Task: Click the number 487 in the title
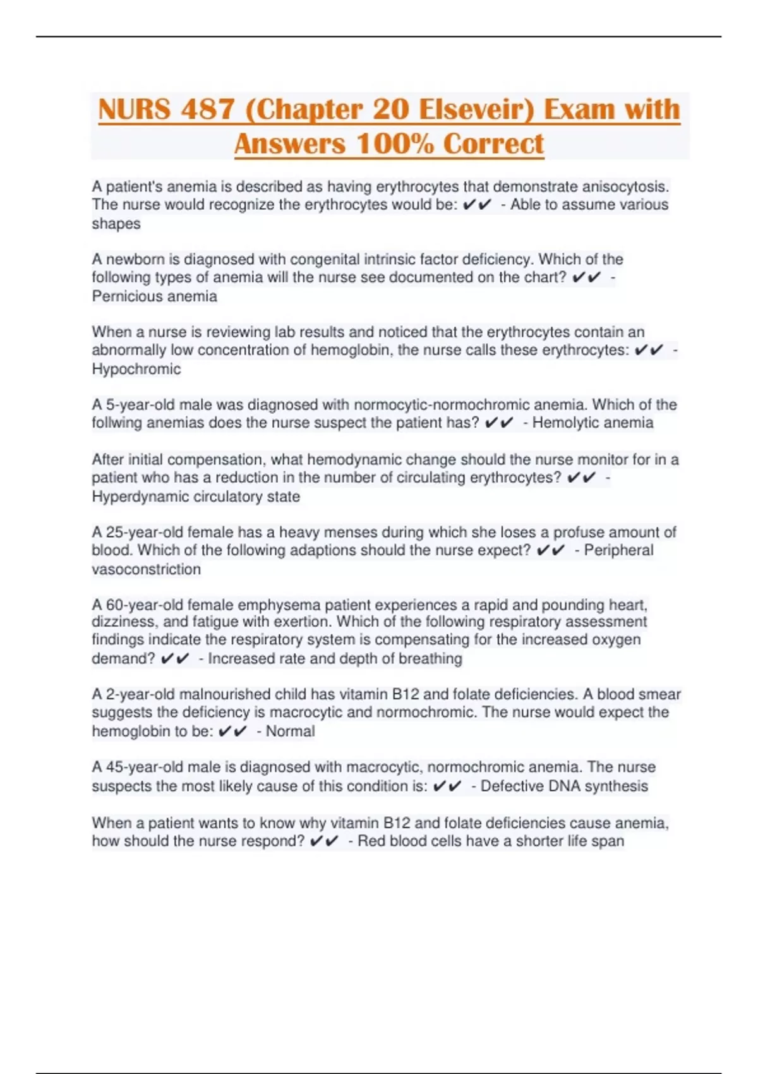207,109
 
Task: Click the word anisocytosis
625,187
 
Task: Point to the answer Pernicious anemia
154,296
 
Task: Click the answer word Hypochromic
136,369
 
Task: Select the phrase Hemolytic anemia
593,423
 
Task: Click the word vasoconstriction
147,569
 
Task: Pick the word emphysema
279,605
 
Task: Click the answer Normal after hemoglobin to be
290,731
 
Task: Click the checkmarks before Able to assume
477,205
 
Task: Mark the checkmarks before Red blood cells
324,841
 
